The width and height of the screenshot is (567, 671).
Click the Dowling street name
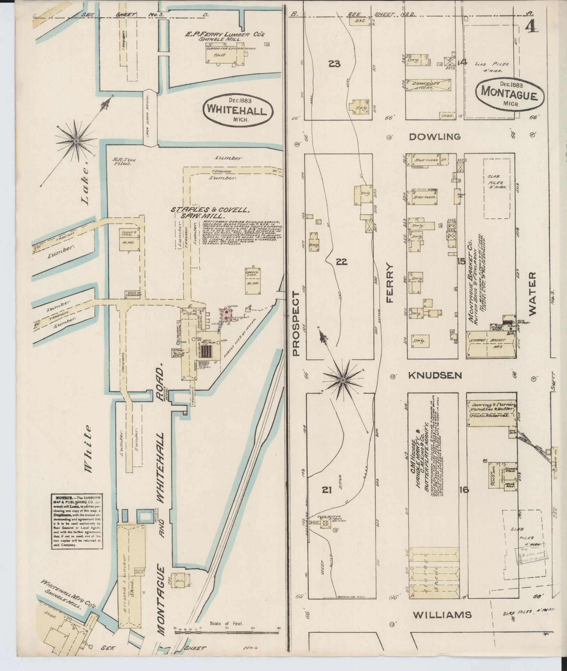[435, 136]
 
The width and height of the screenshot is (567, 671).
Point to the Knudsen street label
[435, 375]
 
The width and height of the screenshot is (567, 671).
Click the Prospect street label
[296, 323]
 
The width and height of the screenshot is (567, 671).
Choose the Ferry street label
[389, 283]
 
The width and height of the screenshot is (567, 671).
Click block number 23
[334, 64]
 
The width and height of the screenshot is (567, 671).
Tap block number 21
[326, 490]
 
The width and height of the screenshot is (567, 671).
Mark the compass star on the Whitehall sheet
[76, 140]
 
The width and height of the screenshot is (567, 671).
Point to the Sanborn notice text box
[76, 520]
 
